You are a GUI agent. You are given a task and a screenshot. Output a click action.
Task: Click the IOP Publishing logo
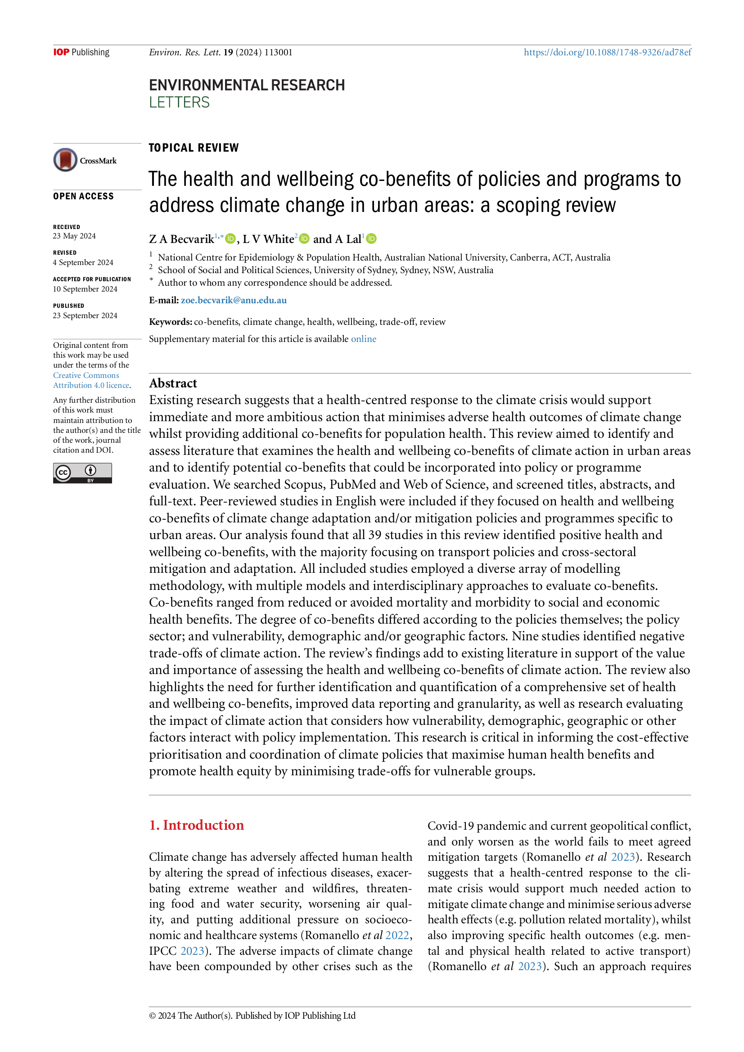click(81, 52)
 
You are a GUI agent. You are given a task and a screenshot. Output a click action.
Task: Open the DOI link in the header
click(607, 52)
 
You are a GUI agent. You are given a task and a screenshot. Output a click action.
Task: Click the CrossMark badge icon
click(66, 160)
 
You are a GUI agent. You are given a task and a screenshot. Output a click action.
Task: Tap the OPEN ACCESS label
click(83, 196)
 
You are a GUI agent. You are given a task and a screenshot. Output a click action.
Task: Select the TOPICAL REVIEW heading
click(194, 148)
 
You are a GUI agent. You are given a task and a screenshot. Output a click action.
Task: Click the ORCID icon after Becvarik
click(230, 239)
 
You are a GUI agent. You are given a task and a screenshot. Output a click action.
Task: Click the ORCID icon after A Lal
click(372, 239)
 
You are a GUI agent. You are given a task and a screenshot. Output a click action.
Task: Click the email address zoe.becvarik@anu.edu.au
click(233, 301)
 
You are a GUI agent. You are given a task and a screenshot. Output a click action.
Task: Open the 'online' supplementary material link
click(364, 339)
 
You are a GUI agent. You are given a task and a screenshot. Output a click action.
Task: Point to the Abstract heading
click(173, 383)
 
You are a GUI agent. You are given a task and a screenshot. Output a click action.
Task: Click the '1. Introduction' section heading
click(196, 825)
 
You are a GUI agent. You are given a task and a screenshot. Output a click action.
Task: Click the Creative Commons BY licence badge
click(82, 473)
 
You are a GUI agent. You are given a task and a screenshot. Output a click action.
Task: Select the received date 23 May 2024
click(74, 236)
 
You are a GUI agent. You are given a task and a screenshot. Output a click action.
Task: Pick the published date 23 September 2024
click(85, 316)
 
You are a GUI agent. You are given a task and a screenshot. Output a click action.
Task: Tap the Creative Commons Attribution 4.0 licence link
click(91, 380)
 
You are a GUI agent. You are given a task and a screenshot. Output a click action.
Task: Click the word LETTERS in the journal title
click(179, 103)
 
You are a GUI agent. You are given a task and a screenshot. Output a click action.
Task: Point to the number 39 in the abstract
click(374, 535)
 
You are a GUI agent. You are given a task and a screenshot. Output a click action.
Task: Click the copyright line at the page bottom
click(252, 1016)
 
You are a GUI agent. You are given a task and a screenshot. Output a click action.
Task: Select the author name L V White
click(268, 239)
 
